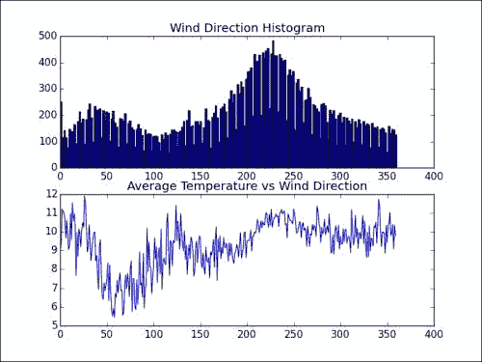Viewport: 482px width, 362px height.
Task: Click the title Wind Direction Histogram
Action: [247, 28]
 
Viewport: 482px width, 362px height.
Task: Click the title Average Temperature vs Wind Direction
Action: [247, 186]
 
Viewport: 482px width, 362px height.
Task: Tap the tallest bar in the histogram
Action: [273, 103]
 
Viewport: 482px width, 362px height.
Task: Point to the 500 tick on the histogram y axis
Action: [47, 36]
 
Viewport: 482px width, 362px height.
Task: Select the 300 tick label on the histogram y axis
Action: [47, 89]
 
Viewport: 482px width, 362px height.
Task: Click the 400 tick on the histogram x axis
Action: [434, 176]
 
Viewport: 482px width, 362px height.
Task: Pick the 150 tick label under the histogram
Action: [201, 176]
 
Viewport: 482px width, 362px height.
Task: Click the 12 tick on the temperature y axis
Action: [52, 194]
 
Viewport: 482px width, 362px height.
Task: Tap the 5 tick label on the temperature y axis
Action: [54, 325]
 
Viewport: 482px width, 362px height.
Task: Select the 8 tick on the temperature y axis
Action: [54, 269]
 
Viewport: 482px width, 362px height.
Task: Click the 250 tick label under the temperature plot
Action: [293, 334]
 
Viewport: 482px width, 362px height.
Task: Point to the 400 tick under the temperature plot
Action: [434, 334]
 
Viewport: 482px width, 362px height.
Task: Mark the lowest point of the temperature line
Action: [114, 317]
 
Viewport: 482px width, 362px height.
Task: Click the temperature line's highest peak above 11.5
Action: [85, 197]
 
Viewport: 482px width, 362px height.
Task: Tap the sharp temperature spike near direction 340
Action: [379, 200]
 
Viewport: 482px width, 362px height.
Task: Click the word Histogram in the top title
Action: [293, 28]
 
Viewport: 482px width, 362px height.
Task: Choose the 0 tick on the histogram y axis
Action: [54, 167]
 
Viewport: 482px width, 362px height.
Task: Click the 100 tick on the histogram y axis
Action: [47, 141]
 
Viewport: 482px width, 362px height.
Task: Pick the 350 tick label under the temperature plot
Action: [387, 334]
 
